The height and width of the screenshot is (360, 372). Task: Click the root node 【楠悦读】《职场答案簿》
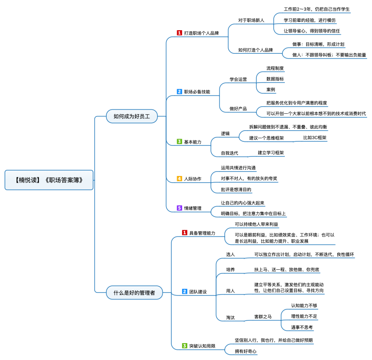(x=49, y=180)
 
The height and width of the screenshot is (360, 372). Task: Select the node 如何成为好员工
(x=132, y=116)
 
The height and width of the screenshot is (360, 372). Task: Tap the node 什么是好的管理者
(x=134, y=292)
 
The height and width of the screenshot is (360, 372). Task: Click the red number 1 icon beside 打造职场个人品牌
(x=179, y=33)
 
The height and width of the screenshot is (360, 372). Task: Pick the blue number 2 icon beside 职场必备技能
(x=179, y=92)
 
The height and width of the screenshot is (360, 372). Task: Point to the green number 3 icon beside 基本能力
(x=179, y=141)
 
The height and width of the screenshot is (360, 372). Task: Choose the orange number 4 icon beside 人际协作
(x=179, y=179)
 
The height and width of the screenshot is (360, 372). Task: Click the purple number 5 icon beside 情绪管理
(x=179, y=208)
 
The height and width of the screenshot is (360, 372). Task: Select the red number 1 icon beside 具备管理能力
(x=185, y=232)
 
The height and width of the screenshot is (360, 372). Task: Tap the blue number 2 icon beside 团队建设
(x=185, y=291)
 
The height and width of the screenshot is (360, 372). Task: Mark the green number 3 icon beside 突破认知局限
(x=185, y=345)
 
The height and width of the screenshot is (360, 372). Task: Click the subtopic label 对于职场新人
(x=251, y=20)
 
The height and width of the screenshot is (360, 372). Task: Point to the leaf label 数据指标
(x=275, y=79)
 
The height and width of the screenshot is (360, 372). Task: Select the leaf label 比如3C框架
(x=315, y=138)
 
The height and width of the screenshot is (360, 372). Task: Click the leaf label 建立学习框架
(x=271, y=152)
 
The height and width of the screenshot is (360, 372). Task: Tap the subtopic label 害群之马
(x=263, y=316)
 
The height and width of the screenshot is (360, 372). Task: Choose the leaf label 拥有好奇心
(x=246, y=351)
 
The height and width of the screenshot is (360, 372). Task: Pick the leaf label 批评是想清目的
(x=236, y=190)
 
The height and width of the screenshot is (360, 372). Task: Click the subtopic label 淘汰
(x=230, y=318)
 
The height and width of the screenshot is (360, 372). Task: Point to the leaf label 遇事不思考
(x=302, y=327)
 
